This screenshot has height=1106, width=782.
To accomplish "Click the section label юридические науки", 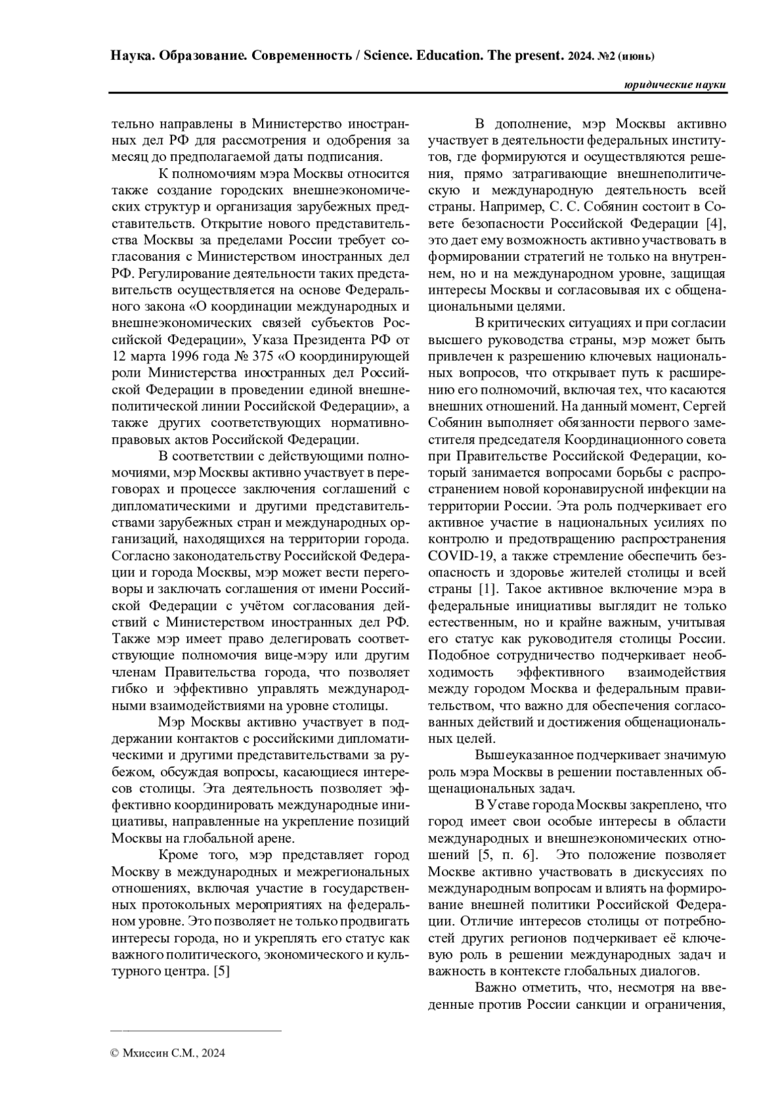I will [x=674, y=85].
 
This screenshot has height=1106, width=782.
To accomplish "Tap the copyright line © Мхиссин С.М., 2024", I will [x=168, y=1053].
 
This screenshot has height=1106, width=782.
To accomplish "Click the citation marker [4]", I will [x=716, y=224].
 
